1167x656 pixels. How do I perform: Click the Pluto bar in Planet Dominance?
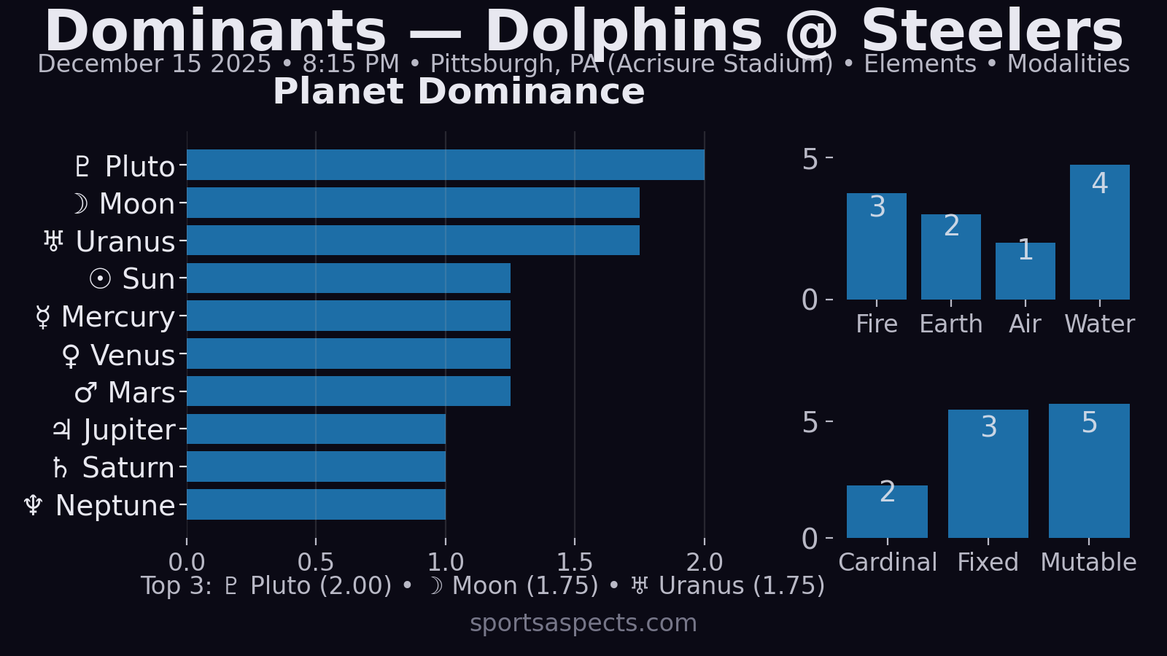click(x=445, y=165)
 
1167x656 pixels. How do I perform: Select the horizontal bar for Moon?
click(x=413, y=203)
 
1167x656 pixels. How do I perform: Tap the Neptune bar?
click(x=316, y=504)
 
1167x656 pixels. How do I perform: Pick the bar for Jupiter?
click(x=316, y=429)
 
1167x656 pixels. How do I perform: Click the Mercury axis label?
click(x=117, y=317)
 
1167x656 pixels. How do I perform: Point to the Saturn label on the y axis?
click(x=128, y=468)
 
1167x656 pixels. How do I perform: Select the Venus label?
click(x=132, y=356)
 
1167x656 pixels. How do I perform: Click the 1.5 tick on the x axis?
click(x=575, y=562)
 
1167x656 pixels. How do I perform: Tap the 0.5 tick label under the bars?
click(x=316, y=562)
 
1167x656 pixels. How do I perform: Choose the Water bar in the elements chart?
click(x=1099, y=233)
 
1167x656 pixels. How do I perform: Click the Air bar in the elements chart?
click(x=1025, y=271)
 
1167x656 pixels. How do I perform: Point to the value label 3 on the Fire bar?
click(x=877, y=207)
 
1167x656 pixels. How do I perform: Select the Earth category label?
click(x=951, y=324)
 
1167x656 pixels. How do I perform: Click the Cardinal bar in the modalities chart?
click(x=887, y=512)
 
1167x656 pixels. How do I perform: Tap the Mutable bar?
click(x=1089, y=471)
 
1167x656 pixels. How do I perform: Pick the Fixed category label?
click(x=988, y=562)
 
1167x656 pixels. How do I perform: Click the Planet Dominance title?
click(x=459, y=92)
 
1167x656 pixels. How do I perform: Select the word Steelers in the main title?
click(x=992, y=32)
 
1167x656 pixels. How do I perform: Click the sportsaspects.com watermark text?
click(x=583, y=623)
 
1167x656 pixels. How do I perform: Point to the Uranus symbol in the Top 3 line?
click(x=640, y=585)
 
